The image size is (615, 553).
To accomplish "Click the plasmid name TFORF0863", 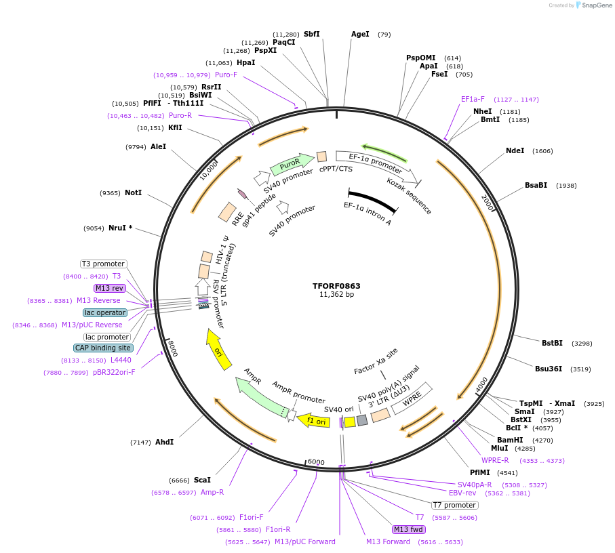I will click(336, 286).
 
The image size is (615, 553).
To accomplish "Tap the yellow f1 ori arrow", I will click(315, 421).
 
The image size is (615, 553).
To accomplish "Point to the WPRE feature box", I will click(412, 400).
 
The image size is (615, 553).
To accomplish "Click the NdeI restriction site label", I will click(515, 150).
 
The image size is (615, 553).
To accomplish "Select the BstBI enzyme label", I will click(552, 343).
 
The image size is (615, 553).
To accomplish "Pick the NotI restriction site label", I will click(133, 192).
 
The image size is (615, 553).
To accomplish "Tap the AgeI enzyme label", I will click(360, 34).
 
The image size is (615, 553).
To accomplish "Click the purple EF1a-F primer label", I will click(473, 99).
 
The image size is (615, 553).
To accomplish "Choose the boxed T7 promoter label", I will click(455, 505).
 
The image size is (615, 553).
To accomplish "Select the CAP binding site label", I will click(104, 348).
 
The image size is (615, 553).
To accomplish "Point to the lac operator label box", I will click(105, 312).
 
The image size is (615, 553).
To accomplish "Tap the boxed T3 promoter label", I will click(103, 264).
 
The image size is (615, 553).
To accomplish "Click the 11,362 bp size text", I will click(336, 295).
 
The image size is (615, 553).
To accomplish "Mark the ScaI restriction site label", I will click(202, 480).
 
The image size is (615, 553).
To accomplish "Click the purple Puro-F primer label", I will click(226, 75).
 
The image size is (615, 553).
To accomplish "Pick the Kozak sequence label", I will click(409, 196).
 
